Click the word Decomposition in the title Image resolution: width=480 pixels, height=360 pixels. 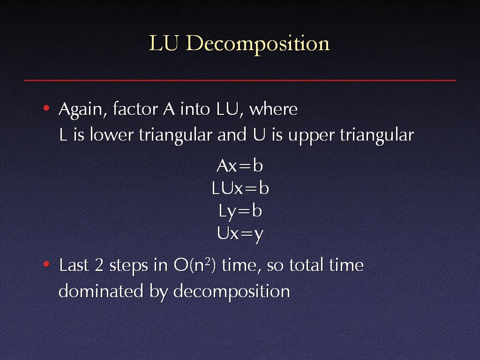point(258,44)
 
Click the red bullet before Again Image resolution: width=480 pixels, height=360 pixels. point(46,108)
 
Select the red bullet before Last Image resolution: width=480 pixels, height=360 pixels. point(46,264)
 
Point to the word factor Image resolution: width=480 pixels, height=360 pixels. point(135,109)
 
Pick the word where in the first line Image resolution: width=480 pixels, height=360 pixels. point(273,109)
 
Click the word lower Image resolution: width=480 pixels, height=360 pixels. point(112,135)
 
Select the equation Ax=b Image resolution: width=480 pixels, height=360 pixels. point(240,166)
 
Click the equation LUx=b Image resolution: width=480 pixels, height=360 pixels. point(240,188)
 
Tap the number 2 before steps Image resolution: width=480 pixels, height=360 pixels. point(99,265)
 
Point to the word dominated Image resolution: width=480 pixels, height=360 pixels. point(101,291)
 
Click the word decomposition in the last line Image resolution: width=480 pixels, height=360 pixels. point(232,292)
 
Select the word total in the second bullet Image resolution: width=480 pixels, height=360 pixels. point(307,265)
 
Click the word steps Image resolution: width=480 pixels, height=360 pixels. point(129,266)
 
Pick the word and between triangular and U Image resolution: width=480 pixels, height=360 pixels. point(232,135)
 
